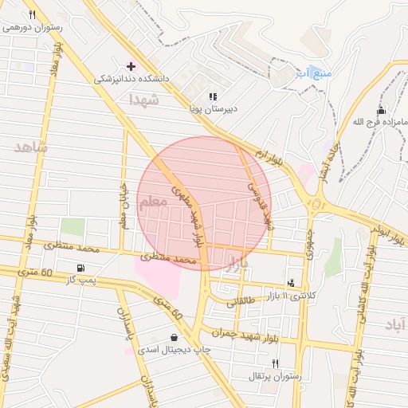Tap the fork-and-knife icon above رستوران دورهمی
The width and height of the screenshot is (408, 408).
pos(32,14)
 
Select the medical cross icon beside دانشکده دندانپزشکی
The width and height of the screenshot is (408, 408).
pos(131,66)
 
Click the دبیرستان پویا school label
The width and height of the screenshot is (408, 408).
pos(214,108)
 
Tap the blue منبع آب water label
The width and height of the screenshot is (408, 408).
pos(312,73)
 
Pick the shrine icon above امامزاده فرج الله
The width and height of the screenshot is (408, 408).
pos(381,110)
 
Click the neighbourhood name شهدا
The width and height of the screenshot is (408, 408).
pos(145,100)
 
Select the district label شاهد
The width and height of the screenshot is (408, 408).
pos(31,147)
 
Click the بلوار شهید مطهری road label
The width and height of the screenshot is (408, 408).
pos(189,214)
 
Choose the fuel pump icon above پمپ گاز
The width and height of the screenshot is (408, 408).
pos(80,268)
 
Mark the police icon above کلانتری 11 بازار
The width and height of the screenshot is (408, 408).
pos(292,283)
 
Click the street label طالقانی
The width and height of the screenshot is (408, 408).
pos(241,301)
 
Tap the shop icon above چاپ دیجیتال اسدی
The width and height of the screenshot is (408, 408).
pos(174,337)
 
